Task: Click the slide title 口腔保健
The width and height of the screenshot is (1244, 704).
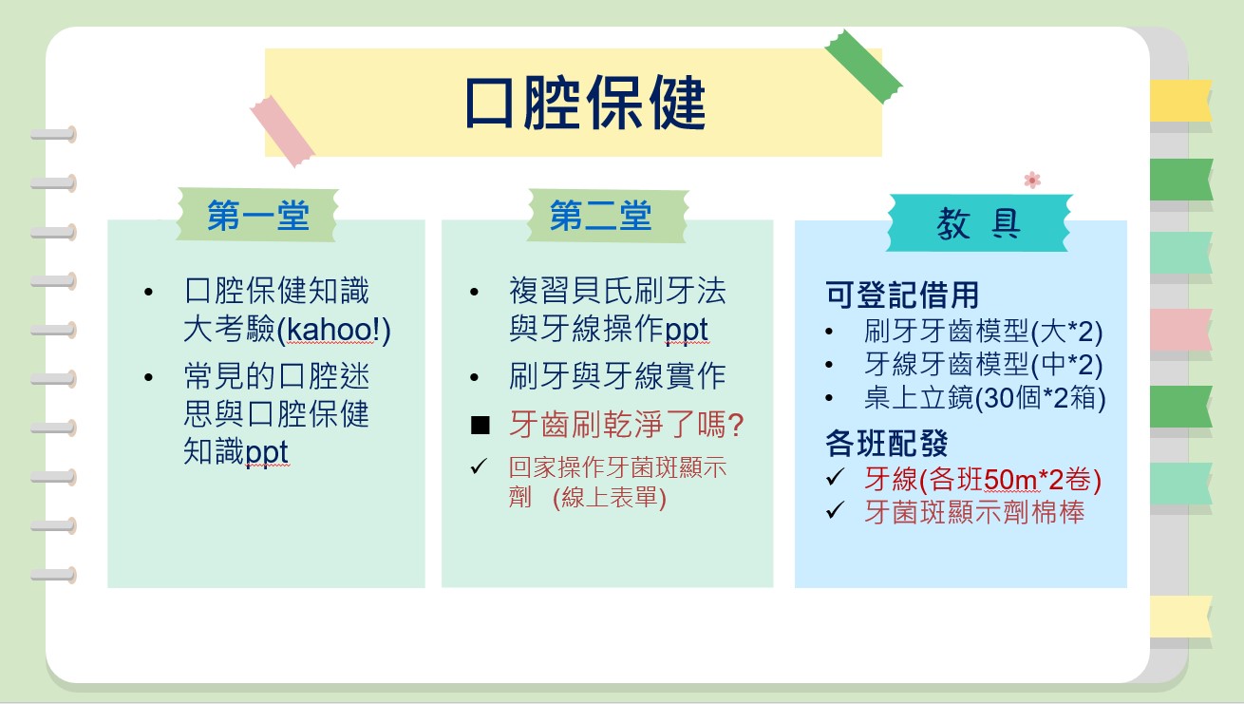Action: click(x=585, y=103)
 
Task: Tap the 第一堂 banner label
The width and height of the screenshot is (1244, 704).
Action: click(x=257, y=215)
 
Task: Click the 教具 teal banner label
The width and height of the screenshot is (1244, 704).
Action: click(x=978, y=223)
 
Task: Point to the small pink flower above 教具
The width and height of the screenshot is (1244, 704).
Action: click(x=1032, y=180)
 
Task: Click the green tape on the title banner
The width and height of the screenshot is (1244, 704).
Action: click(x=863, y=67)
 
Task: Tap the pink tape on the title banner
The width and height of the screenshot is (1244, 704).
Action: click(x=282, y=131)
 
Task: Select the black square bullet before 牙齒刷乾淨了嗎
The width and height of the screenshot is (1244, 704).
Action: click(x=480, y=425)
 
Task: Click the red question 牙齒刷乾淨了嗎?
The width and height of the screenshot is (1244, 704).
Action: click(x=626, y=425)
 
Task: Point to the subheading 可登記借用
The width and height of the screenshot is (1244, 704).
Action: click(x=902, y=295)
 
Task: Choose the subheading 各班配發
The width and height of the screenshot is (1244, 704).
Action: click(x=886, y=443)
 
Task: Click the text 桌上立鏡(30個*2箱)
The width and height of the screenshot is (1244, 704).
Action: click(x=985, y=398)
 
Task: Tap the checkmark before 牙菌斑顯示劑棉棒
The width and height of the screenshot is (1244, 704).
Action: click(x=836, y=510)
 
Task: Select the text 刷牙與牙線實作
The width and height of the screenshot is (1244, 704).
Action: click(x=617, y=375)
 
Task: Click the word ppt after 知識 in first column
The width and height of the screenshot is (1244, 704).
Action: click(x=266, y=451)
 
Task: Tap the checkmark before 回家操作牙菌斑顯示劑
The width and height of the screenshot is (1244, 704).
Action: click(x=479, y=466)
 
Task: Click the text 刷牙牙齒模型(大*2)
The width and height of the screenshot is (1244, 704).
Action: click(x=983, y=332)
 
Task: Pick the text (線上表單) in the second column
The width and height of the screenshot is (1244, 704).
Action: click(x=610, y=497)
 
